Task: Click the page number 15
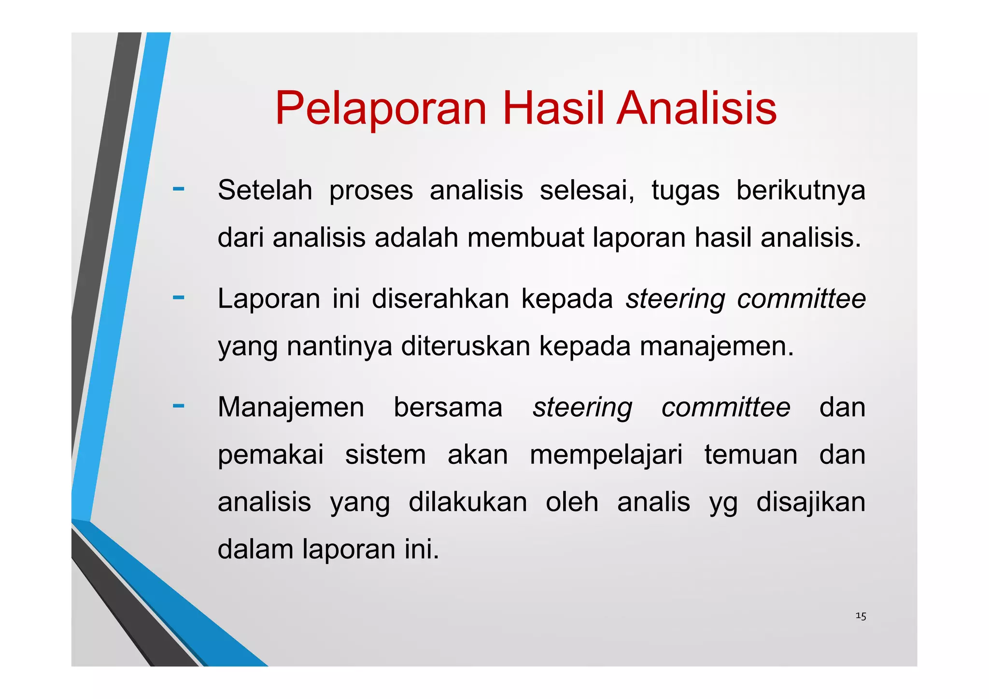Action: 861,616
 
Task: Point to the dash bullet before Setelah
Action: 178,189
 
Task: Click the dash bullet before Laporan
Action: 178,297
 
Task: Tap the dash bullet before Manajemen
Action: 178,405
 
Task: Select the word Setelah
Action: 265,190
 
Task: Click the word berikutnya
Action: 800,190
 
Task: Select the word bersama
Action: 448,407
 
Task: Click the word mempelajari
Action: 606,455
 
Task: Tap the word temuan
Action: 750,455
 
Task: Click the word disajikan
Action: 810,502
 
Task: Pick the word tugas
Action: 685,191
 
